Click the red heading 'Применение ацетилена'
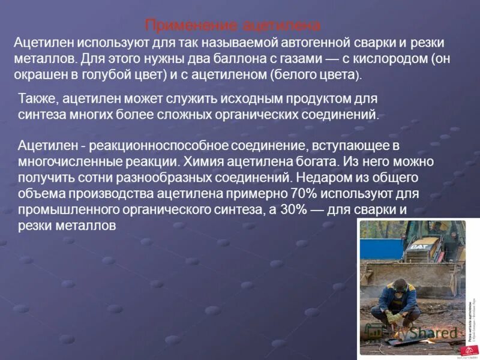(233, 26)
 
